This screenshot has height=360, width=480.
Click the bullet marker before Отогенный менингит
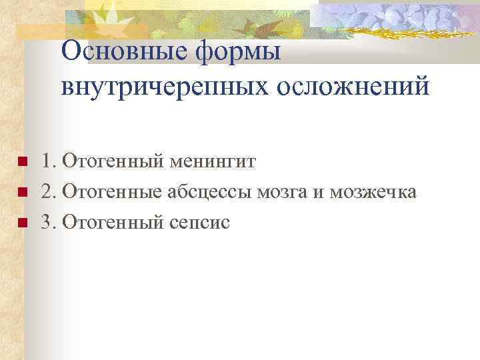point(21,162)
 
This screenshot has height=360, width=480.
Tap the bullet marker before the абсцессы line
point(21,193)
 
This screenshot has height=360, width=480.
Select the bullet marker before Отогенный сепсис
point(21,223)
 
